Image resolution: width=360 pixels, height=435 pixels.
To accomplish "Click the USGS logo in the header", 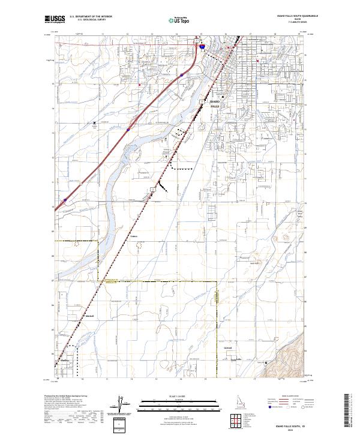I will (x=55, y=19).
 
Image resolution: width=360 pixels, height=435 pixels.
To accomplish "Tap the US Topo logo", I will (x=180, y=20).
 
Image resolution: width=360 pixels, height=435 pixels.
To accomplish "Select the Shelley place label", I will (x=65, y=360).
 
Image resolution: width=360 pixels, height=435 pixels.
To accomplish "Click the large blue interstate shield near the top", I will (x=203, y=45).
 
